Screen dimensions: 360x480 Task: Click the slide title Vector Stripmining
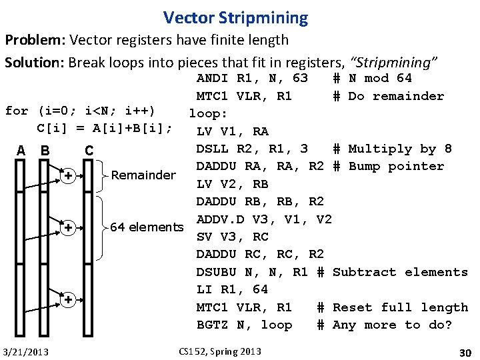[235, 18]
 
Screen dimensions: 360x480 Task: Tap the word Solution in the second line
[31, 63]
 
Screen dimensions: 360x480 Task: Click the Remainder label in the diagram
[143, 175]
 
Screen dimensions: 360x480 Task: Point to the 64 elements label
[147, 227]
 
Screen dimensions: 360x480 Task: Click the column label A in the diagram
[21, 150]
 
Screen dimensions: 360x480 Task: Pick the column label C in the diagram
[89, 150]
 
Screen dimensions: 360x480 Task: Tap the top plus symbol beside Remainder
[69, 176]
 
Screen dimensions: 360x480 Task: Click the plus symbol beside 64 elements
[69, 228]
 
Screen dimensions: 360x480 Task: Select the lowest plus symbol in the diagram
[69, 301]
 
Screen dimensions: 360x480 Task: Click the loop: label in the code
[209, 113]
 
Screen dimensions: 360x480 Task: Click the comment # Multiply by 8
[392, 149]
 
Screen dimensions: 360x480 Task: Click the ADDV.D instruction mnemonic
[220, 219]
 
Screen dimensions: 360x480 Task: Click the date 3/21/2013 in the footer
[25, 351]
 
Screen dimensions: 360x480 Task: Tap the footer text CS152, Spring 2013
[221, 351]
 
